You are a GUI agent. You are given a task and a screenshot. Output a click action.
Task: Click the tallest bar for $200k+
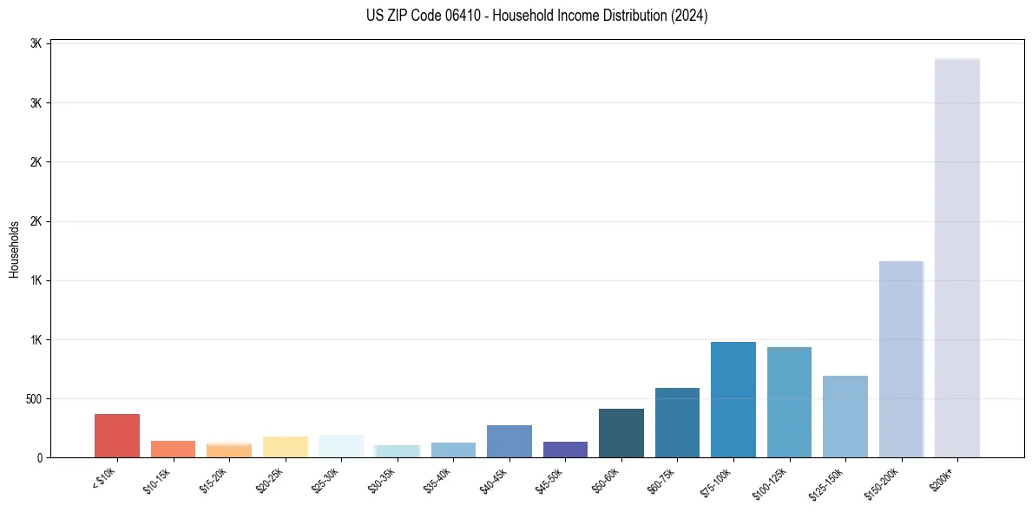coord(956,260)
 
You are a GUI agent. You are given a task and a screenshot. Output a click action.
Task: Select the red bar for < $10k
coord(117,436)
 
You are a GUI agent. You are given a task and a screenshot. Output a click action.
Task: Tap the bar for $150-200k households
coord(901,359)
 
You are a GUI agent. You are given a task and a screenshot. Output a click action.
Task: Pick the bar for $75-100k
coord(733,400)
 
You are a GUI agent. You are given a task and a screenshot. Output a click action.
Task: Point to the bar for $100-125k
coord(789,403)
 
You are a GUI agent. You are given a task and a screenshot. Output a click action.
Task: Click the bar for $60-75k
coord(677,423)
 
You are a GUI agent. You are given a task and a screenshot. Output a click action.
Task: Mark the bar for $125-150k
coord(845,417)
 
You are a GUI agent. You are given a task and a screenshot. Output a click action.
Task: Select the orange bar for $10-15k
coord(173,449)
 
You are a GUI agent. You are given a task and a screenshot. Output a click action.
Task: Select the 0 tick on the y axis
coord(40,457)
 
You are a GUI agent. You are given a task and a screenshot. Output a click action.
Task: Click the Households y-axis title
coord(14,249)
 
